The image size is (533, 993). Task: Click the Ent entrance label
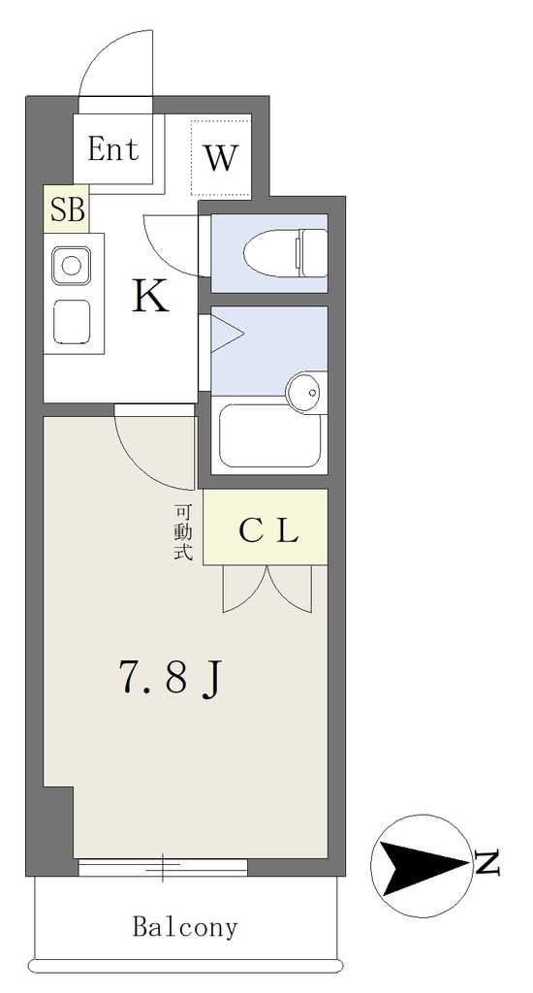tap(113, 149)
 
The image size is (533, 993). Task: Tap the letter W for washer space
tap(221, 157)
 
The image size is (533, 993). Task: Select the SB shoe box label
tap(67, 209)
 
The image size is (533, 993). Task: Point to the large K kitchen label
tap(150, 296)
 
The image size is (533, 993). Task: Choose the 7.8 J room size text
tap(170, 679)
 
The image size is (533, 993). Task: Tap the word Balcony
tap(185, 928)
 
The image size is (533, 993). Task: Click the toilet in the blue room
tap(285, 253)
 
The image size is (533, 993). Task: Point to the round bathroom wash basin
tap(305, 393)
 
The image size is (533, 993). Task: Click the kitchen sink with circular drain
tap(71, 265)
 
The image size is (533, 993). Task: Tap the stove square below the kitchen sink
tap(71, 321)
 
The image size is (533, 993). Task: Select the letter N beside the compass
tap(486, 863)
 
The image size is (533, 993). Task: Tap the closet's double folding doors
tap(267, 589)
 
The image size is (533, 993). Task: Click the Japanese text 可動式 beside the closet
tap(182, 532)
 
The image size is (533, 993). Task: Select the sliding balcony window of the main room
tap(163, 867)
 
